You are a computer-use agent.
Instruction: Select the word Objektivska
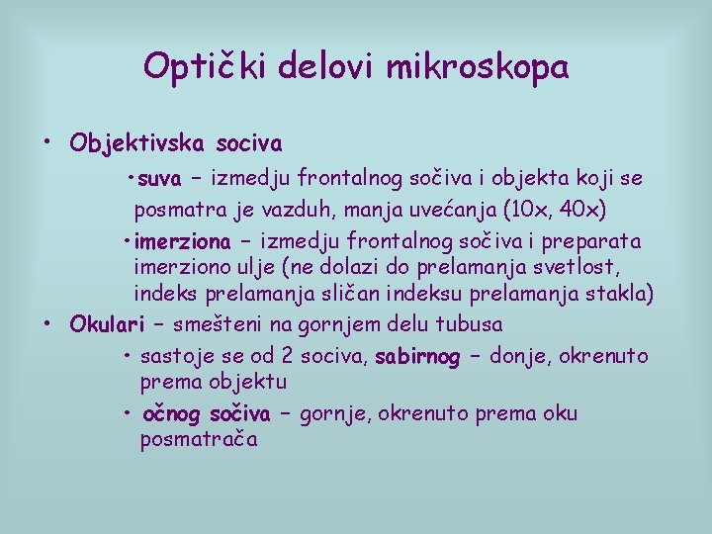[x=136, y=144]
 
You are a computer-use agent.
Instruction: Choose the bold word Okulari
[x=107, y=324]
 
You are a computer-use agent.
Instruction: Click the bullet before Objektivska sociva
[x=47, y=141]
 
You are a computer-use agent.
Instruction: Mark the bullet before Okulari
[x=47, y=322]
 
